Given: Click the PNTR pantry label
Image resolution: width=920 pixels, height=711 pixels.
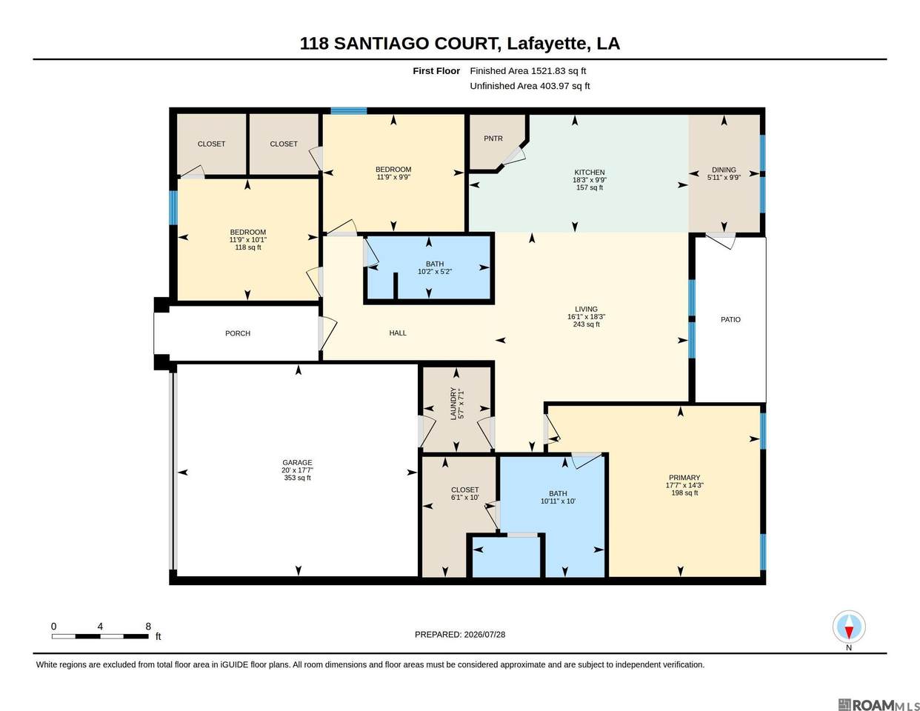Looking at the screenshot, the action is click(x=493, y=138).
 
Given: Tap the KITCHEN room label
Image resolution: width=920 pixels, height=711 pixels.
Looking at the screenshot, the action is click(x=590, y=173).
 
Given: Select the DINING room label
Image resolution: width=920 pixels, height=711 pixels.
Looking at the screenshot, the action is click(x=724, y=170).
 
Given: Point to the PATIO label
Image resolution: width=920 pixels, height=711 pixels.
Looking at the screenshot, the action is click(x=731, y=319).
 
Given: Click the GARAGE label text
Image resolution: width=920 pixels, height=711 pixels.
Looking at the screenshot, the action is click(x=297, y=463).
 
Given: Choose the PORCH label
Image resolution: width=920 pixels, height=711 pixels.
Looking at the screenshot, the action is click(x=238, y=333).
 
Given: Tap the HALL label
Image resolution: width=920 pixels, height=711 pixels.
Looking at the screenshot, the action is click(x=398, y=333).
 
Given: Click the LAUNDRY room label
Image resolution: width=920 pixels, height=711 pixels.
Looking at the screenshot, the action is click(x=453, y=404).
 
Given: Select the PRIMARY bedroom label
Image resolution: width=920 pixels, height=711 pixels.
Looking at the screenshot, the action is click(x=684, y=478).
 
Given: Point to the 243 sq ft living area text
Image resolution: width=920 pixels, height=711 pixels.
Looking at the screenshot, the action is click(x=587, y=324).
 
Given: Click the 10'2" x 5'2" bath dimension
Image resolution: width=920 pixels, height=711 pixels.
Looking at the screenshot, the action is click(x=435, y=272).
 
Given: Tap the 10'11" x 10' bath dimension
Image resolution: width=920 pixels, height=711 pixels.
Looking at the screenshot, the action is click(x=558, y=501).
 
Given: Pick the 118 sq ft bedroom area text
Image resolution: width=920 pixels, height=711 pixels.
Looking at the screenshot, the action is click(x=248, y=247).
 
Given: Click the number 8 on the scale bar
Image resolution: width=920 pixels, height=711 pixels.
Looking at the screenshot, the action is click(x=148, y=626).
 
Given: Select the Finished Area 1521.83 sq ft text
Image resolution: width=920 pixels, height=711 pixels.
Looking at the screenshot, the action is click(x=528, y=71).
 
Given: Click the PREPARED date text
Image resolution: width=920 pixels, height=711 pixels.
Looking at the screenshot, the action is click(x=460, y=635).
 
